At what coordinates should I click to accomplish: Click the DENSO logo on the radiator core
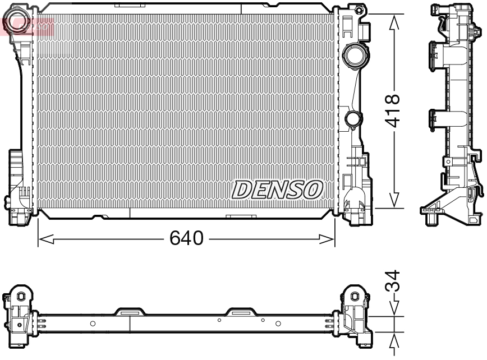[x=277, y=190]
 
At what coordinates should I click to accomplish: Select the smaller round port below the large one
[x=353, y=119]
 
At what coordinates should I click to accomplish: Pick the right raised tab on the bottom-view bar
[x=241, y=311]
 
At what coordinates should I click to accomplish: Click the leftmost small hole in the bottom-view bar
[x=93, y=324]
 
